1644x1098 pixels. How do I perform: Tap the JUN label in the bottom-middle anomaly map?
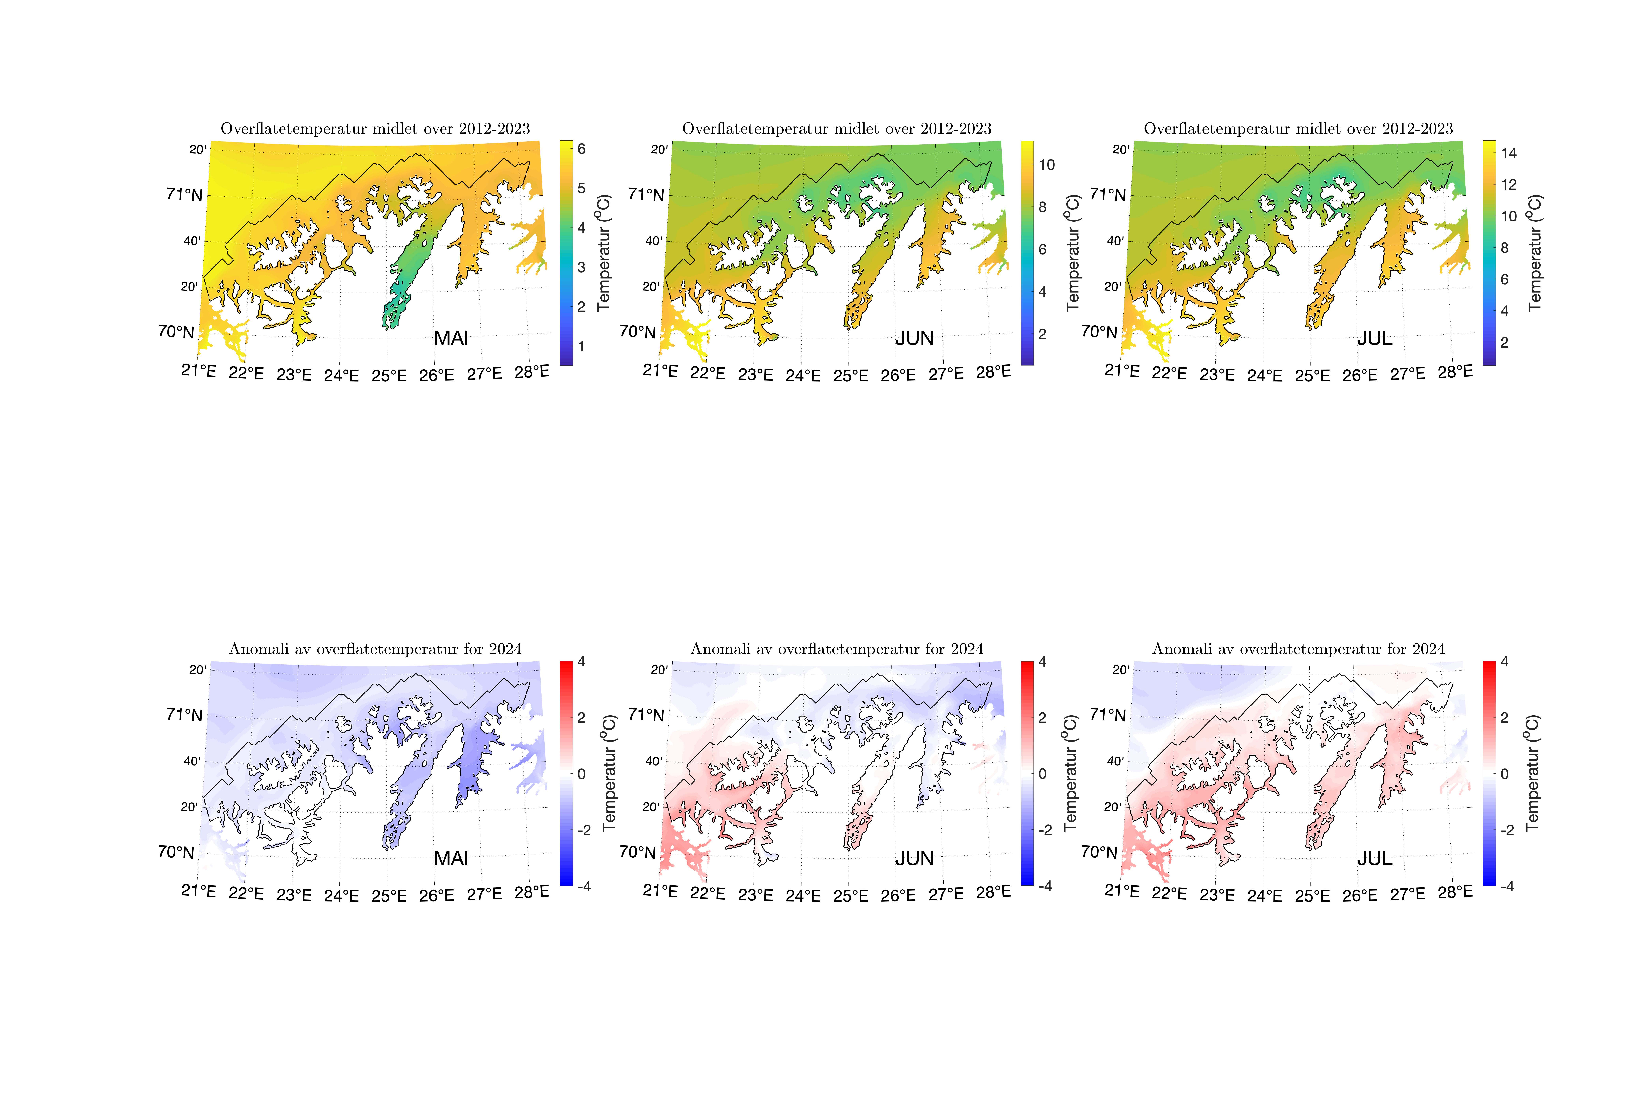point(914,859)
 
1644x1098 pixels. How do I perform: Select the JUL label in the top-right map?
point(1374,338)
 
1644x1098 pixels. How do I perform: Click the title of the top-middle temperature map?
point(836,129)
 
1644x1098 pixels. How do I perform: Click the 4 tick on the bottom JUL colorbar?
point(1505,662)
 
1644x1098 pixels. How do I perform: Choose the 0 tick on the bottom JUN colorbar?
point(1042,774)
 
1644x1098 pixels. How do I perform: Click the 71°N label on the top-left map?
point(184,195)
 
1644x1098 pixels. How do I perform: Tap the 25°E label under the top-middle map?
point(850,376)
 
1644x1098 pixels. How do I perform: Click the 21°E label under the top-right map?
point(1121,370)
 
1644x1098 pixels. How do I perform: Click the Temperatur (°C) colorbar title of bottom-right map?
point(1532,773)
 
